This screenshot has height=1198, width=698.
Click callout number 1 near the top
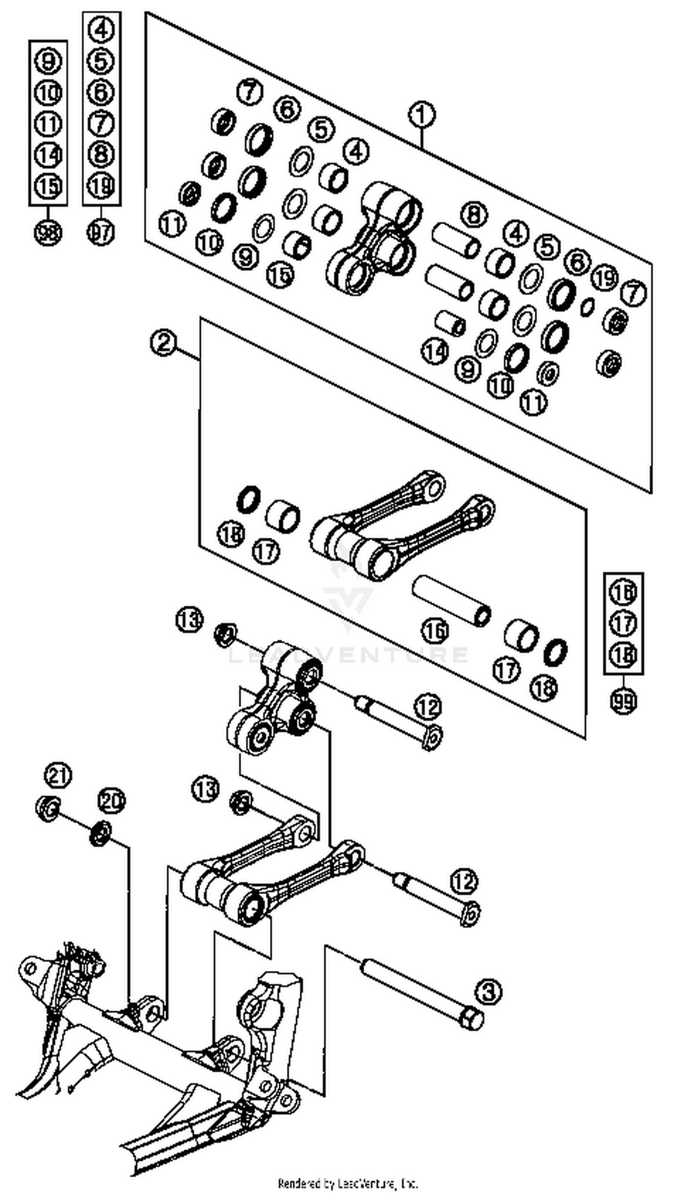pos(421,115)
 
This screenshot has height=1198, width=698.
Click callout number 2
pos(163,343)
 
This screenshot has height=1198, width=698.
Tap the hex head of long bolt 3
pos(472,1019)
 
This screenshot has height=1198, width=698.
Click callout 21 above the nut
pos(58,775)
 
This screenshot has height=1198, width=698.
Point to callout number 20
pos(111,801)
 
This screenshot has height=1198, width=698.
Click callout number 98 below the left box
pos(48,233)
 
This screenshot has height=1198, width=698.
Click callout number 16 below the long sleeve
pos(435,630)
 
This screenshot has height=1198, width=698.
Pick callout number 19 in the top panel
pos(605,277)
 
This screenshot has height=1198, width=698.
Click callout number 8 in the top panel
pos(474,215)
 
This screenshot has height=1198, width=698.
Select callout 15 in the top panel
pos(280,274)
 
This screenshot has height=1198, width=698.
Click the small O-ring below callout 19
pos(588,307)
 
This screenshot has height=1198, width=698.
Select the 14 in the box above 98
pos(48,155)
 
